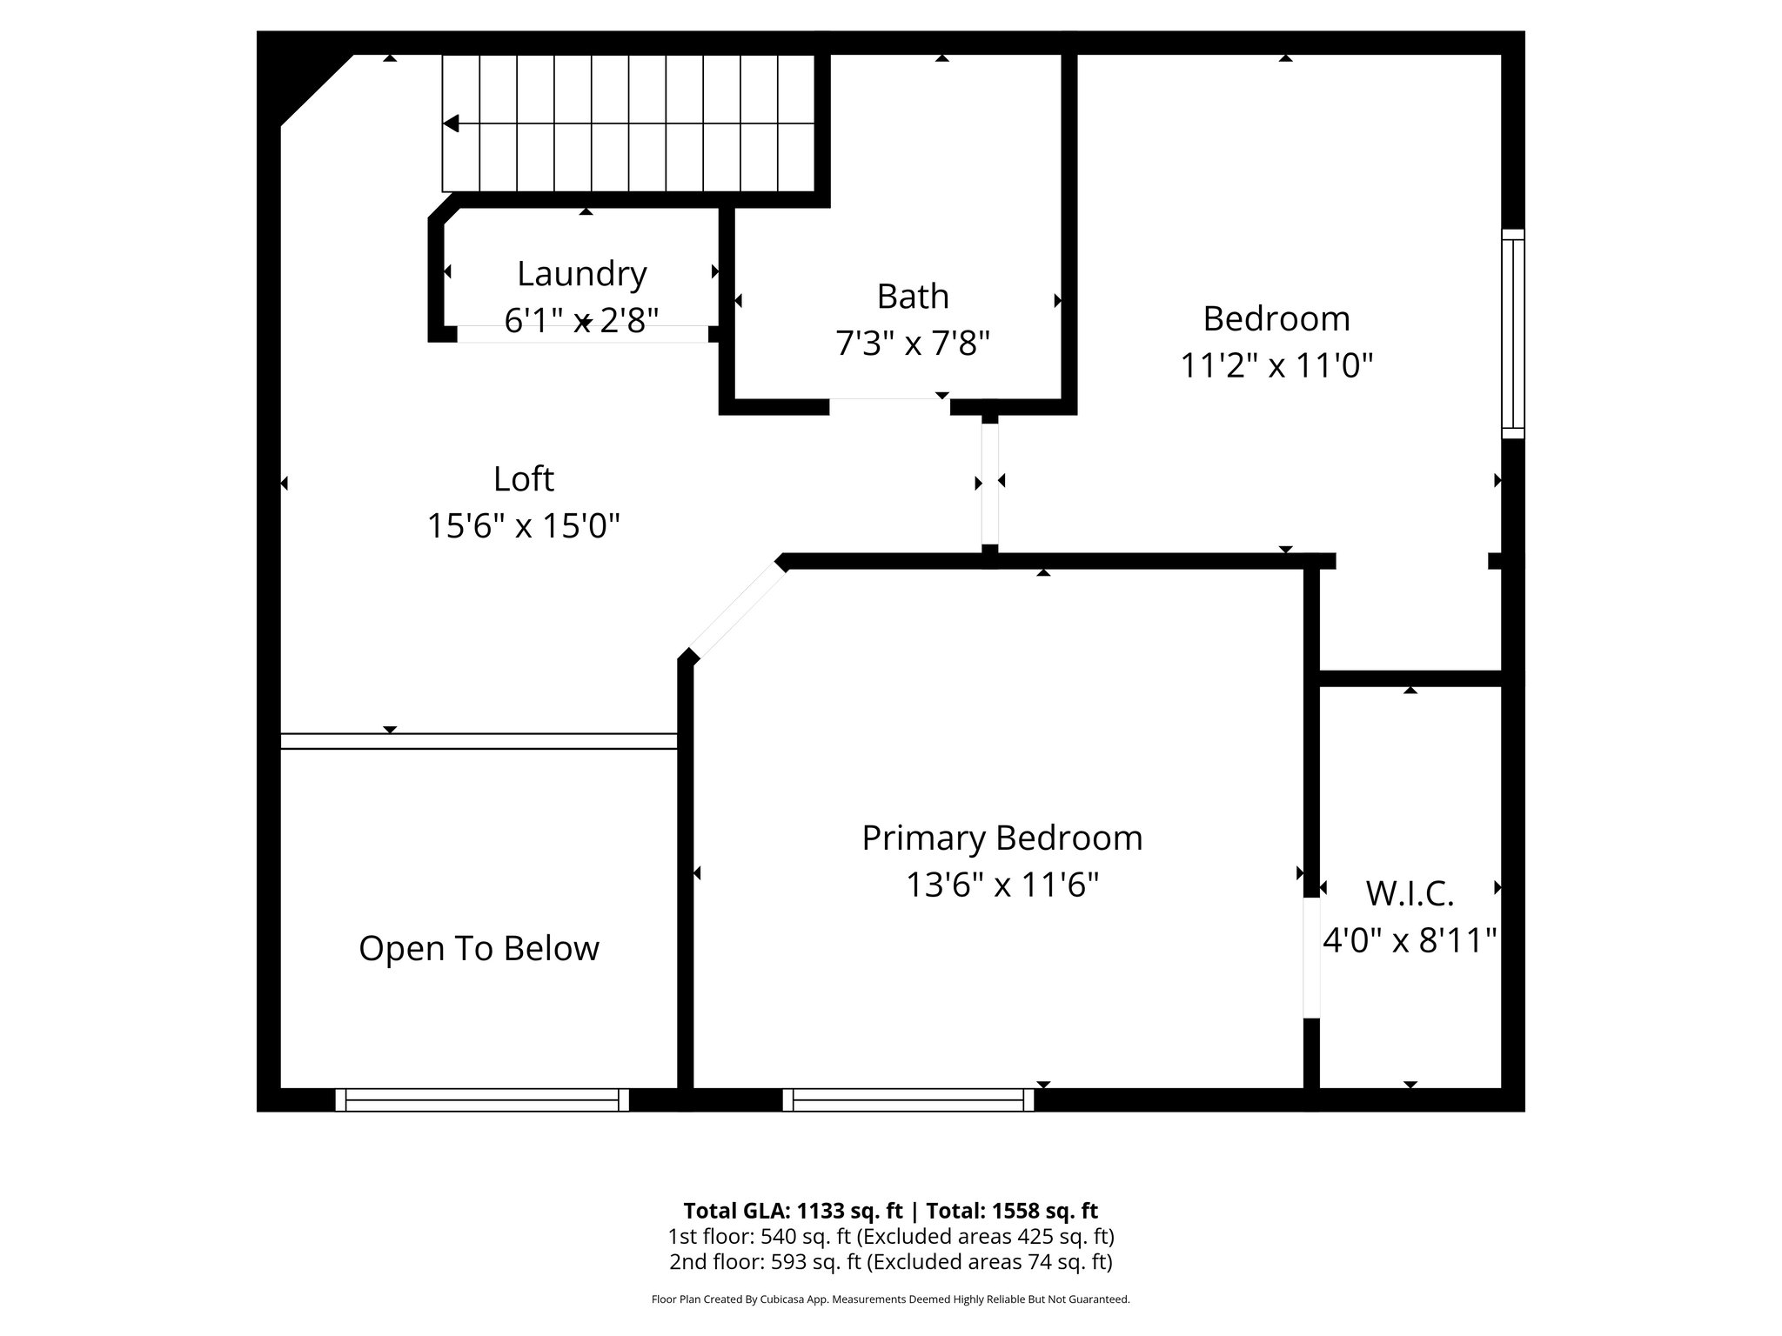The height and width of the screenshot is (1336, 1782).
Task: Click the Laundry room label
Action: [581, 274]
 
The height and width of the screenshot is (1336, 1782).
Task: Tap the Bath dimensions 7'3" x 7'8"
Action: [912, 344]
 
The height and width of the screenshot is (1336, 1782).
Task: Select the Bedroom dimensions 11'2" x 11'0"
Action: [1276, 366]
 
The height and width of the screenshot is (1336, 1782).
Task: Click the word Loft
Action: [523, 479]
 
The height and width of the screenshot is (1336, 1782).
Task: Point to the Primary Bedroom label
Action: [1002, 838]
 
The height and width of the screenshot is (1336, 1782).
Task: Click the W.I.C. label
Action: [1410, 893]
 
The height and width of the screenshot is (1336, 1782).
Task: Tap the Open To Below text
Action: [479, 948]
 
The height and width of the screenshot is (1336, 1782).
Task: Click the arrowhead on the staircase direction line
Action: [451, 124]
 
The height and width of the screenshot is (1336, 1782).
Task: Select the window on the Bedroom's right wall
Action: [1513, 334]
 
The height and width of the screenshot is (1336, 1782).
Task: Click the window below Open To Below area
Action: [482, 1100]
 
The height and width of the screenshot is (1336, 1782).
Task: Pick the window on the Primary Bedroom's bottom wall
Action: [908, 1100]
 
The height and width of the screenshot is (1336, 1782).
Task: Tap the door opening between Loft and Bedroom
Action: [989, 483]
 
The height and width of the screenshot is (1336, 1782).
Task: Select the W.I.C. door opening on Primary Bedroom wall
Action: [1311, 958]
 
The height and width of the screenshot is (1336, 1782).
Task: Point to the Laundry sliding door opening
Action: [582, 334]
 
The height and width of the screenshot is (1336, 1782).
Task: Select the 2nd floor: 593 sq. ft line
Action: [890, 1262]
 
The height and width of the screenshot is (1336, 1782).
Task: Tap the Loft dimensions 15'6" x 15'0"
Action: [523, 526]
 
